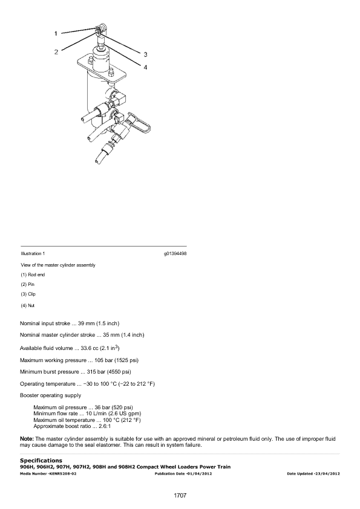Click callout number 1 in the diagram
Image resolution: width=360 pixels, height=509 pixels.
coord(56,33)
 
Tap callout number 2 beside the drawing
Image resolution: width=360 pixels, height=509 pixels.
coord(56,52)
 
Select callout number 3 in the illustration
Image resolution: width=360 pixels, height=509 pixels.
coord(146,54)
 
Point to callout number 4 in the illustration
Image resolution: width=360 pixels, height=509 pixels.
coord(145,67)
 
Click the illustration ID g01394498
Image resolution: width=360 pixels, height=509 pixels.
coord(175,253)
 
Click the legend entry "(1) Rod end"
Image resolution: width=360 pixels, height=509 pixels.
coord(33,274)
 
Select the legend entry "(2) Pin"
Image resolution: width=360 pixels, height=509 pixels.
coord(28,284)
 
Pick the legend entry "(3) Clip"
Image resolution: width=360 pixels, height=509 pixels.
coord(28,294)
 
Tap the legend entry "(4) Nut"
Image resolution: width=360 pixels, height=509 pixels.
coord(28,305)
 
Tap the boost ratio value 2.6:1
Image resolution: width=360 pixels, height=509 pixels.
coord(105,426)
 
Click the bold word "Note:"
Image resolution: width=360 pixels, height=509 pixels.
coord(27,439)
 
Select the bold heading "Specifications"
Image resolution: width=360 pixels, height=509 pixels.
coord(41,460)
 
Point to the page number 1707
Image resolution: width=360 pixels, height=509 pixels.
coord(180,495)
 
